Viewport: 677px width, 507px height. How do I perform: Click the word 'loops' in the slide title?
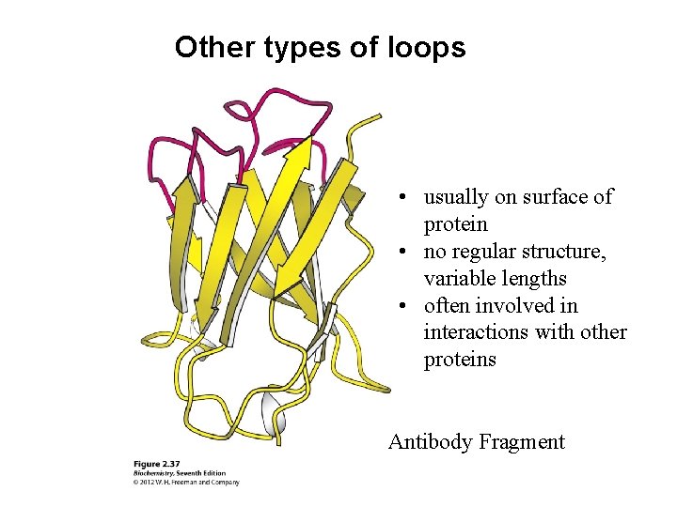(426, 47)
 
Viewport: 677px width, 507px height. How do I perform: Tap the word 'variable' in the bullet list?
(458, 279)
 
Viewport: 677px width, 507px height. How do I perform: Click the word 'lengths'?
(533, 279)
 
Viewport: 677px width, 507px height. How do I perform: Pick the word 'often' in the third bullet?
(448, 306)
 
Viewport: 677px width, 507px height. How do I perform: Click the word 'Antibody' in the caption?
(430, 441)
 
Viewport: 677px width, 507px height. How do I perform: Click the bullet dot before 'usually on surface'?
(401, 198)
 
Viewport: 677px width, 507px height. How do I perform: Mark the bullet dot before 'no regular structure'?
(401, 253)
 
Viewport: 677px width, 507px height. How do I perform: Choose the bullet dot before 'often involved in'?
(401, 307)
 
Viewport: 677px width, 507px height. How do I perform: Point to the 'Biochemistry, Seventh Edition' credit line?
(178, 473)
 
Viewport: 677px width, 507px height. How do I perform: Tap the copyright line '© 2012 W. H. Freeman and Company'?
(185, 483)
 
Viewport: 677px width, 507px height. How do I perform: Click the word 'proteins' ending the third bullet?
(460, 361)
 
